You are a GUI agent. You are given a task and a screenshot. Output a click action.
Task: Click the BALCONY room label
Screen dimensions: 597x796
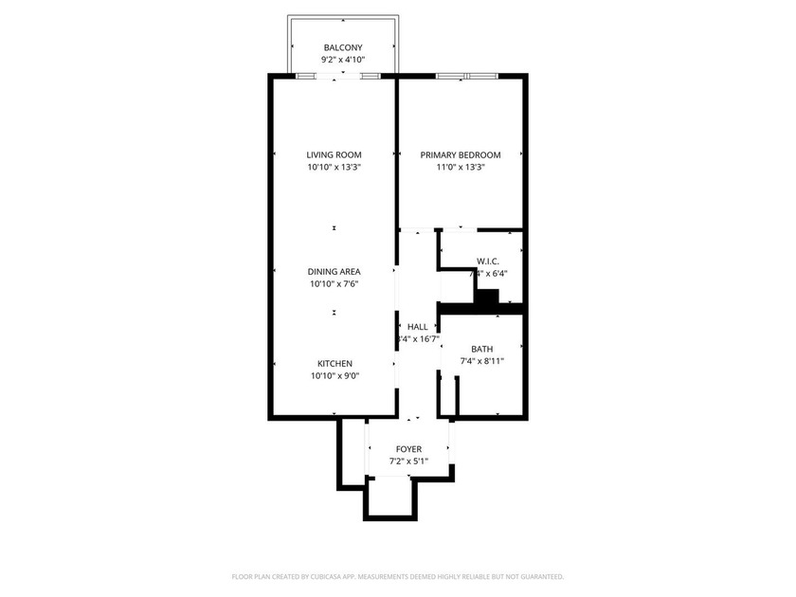[x=342, y=47]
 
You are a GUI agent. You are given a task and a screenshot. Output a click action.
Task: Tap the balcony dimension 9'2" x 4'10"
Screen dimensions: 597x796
[x=342, y=60]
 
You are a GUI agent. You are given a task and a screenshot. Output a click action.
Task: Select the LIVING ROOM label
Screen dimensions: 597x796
[x=334, y=154]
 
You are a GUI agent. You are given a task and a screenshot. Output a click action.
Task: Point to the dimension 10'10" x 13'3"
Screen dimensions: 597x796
[x=334, y=167]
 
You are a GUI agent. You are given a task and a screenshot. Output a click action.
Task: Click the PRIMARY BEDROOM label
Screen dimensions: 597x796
[x=461, y=154]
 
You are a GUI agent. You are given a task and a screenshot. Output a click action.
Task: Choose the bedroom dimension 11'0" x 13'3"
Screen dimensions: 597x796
[x=461, y=167]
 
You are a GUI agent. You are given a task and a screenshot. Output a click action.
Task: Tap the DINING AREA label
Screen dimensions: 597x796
[x=334, y=271]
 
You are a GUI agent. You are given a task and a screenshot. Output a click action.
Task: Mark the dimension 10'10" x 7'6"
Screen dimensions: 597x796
[x=334, y=283]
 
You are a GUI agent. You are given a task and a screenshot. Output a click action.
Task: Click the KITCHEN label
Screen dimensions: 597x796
[x=335, y=363]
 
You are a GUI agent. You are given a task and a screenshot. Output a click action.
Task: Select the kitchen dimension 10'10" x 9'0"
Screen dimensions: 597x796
[x=334, y=375]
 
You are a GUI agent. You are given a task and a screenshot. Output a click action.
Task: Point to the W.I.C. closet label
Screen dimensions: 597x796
[x=488, y=261]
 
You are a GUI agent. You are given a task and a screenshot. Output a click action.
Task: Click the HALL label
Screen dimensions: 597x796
[x=417, y=326]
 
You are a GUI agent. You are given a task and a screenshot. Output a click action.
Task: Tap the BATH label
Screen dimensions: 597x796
[x=482, y=349]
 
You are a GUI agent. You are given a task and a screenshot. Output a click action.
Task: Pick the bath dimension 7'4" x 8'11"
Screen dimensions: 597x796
[x=482, y=361]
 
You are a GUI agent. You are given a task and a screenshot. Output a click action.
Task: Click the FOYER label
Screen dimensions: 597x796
[x=408, y=449]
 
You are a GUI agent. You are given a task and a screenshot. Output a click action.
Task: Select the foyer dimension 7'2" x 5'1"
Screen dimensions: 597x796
[x=408, y=461]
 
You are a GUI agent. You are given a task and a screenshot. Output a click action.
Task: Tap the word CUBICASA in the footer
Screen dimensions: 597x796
[x=353, y=576]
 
